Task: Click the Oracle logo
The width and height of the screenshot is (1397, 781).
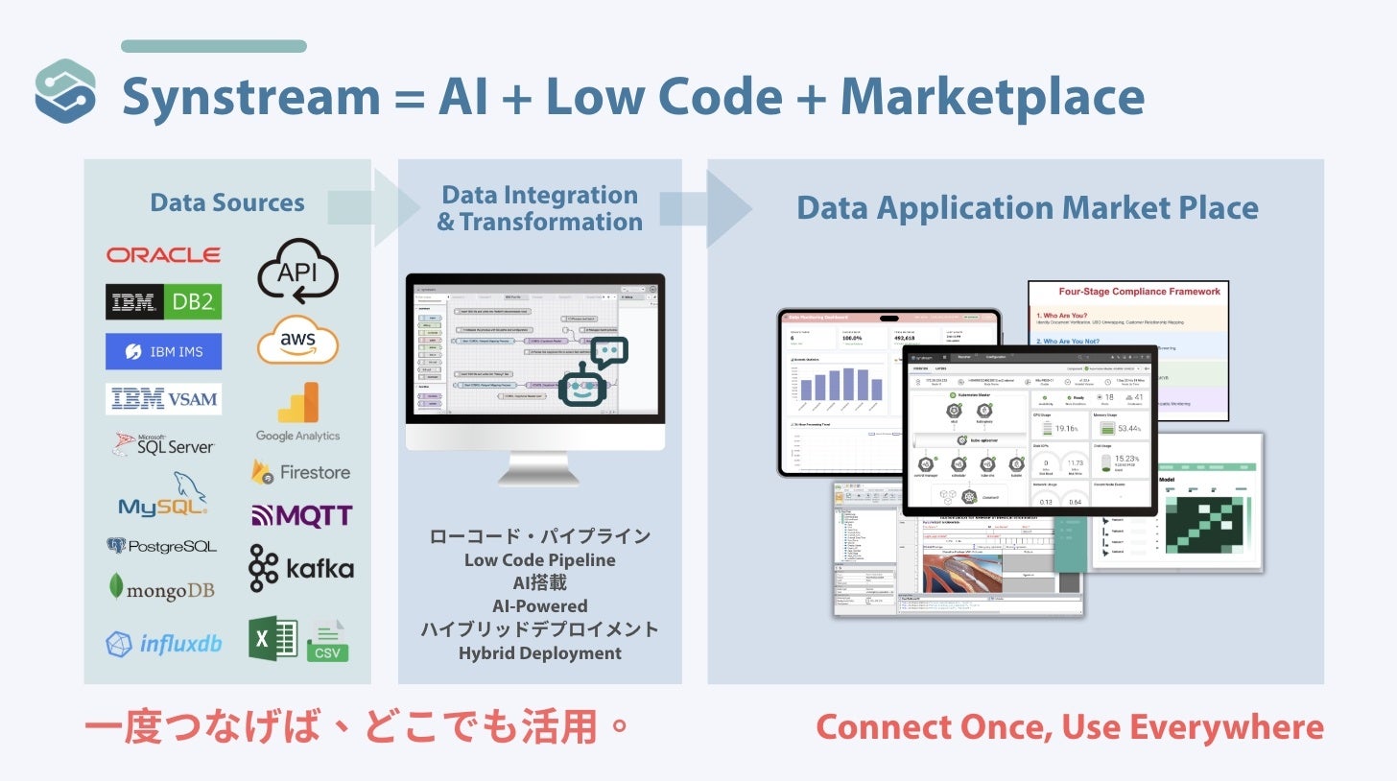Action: point(163,254)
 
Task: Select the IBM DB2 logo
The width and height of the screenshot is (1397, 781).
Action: point(163,302)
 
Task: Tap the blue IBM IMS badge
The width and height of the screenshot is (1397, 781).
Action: point(163,352)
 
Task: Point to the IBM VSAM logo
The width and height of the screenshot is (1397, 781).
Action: point(163,399)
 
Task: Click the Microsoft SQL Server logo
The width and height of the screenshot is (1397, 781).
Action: point(163,444)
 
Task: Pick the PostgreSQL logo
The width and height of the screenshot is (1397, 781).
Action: point(161,546)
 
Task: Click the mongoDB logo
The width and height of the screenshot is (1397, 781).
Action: point(161,588)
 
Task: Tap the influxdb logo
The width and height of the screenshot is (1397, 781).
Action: point(163,643)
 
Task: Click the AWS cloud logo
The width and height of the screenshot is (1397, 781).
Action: point(297,342)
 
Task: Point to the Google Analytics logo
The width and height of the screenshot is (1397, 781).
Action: point(297,413)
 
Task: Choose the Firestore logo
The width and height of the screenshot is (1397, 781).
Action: point(300,472)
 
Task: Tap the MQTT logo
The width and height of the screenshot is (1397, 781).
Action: point(301,516)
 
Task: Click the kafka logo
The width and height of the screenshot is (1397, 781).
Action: point(300,568)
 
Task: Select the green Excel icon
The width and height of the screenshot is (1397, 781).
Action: point(273,638)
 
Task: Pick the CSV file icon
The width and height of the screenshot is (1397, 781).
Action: point(327,642)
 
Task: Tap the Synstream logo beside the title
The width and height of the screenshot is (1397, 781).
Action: point(65,92)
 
